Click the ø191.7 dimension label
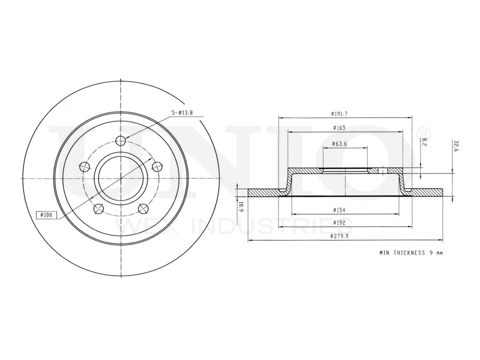(339, 114)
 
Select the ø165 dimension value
(339, 128)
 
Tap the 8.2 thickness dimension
(424, 142)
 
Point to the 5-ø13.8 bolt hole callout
(182, 112)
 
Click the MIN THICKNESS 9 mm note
(410, 252)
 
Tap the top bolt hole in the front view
(120, 141)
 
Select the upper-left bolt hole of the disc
(84, 167)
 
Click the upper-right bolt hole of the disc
(156, 167)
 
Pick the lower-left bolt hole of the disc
(98, 208)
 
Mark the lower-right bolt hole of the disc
(143, 208)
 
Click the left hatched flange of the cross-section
(264, 192)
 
